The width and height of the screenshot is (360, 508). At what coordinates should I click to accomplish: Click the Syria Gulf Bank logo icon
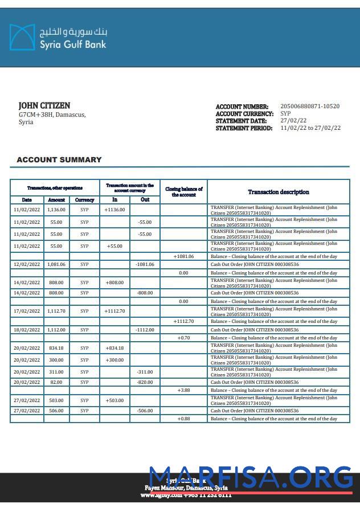tap(22, 37)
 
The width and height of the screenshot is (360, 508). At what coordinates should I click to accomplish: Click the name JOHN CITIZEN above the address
tap(44, 105)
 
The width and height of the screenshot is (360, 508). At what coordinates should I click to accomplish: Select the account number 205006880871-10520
tap(310, 106)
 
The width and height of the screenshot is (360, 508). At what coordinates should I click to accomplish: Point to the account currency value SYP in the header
tap(285, 114)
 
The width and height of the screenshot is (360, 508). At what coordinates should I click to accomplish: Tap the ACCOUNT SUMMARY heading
tap(59, 160)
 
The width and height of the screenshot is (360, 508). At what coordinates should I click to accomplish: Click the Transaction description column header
tap(279, 192)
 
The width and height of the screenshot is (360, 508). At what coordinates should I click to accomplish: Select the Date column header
tap(27, 200)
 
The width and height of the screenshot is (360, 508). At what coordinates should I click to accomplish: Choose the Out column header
tap(145, 200)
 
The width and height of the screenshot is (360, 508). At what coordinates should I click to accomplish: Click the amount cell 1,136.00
tap(56, 210)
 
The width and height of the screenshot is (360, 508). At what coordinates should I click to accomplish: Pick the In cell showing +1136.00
tap(114, 210)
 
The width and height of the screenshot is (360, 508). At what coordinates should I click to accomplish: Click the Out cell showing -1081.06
tap(145, 264)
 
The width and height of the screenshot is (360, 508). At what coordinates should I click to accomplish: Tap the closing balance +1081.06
tap(183, 256)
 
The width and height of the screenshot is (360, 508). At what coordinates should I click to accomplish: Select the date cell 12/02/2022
tap(27, 264)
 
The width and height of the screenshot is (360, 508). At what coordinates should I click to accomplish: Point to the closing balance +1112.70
tap(183, 321)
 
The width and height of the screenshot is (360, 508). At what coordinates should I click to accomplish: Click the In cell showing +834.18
tap(114, 348)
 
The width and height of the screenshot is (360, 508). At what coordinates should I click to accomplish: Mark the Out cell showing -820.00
tap(145, 382)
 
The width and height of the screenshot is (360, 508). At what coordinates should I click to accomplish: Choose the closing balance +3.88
tap(183, 390)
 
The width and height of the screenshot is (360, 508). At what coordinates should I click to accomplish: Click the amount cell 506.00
tap(56, 411)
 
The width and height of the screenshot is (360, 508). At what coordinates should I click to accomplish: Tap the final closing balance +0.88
tap(183, 419)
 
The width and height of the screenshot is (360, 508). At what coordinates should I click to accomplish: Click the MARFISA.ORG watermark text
tap(251, 477)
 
